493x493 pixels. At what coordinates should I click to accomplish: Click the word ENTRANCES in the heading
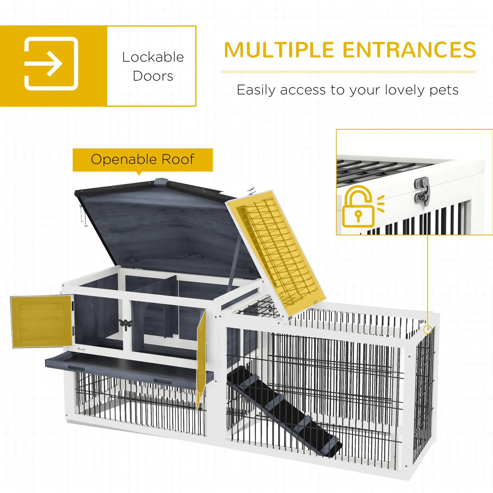409,50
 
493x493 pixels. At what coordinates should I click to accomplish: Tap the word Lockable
153,57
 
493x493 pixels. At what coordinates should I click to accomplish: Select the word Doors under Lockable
153,76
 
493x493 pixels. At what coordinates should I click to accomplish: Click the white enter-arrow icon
51,64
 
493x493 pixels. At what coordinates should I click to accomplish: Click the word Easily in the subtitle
256,90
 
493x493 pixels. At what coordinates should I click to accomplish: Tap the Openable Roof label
143,159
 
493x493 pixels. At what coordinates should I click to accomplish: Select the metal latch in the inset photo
422,191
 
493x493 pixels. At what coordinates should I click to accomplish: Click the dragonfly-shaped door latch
125,324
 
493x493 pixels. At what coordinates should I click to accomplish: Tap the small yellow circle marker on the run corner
428,329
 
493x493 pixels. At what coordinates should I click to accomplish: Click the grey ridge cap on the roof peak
161,182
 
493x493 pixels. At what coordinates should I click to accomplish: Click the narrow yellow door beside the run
201,357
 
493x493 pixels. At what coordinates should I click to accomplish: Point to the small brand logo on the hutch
81,349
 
